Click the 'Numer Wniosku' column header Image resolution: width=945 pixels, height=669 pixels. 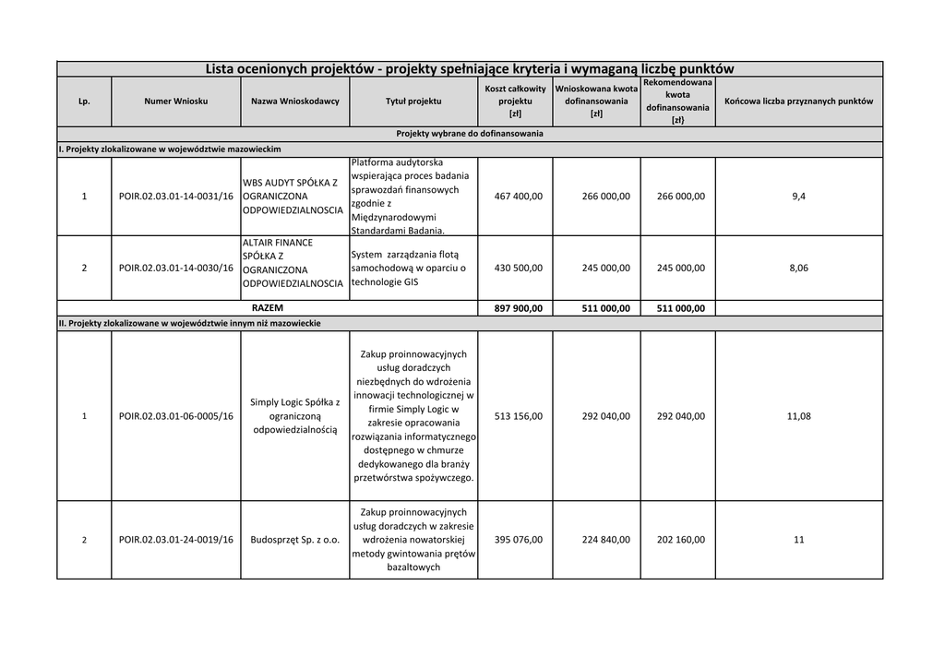point(175,101)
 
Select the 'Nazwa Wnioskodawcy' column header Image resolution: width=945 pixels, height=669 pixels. point(294,101)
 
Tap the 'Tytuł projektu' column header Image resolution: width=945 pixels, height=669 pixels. point(413,101)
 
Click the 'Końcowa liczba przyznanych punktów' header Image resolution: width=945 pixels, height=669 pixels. point(798,101)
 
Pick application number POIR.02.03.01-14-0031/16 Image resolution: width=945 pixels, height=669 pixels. point(176,196)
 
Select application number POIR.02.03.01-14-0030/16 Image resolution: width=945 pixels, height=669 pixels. point(176,268)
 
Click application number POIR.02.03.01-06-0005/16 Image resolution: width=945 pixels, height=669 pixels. point(176,416)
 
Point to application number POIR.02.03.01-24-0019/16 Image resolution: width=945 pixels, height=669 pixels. point(176,540)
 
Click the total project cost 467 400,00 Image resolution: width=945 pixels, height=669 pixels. point(519,196)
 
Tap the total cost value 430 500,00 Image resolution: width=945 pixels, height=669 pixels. point(519,268)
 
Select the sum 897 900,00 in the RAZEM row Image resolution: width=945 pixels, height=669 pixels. point(519,308)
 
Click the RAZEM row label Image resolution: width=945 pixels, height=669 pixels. point(268,307)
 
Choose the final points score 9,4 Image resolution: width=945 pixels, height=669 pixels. point(798,196)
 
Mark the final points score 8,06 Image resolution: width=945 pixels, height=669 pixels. point(798,268)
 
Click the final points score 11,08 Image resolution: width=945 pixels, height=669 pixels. point(798,416)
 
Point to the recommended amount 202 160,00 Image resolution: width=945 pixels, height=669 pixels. point(680,540)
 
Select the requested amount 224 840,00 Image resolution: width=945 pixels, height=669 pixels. point(606,540)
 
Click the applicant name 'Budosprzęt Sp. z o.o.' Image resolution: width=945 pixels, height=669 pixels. point(294,540)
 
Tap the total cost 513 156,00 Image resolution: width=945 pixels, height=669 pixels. point(519,416)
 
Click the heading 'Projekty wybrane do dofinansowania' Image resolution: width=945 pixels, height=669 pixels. point(470,134)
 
